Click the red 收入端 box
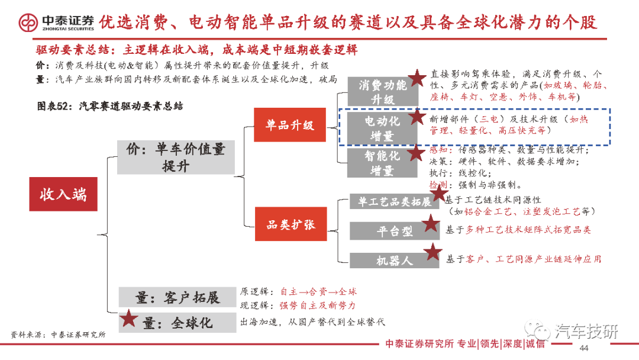[x=63, y=194]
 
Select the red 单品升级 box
[x=290, y=125]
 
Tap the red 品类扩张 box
[x=291, y=224]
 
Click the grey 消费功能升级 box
[x=383, y=92]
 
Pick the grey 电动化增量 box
[x=382, y=128]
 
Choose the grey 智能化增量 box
[x=382, y=163]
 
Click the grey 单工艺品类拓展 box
[x=394, y=201]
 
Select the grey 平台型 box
[x=394, y=231]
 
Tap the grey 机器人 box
[x=394, y=260]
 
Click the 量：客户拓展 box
[x=177, y=297]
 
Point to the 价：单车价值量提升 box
[x=176, y=157]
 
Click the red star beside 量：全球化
[x=128, y=318]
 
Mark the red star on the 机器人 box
[x=433, y=252]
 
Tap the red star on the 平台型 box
[x=430, y=223]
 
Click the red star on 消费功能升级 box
[x=417, y=78]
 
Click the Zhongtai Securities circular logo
[x=28, y=23]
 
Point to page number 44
[x=584, y=348]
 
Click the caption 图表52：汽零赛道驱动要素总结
[x=110, y=107]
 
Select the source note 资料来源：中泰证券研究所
[x=58, y=335]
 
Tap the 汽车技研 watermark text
[x=586, y=332]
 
